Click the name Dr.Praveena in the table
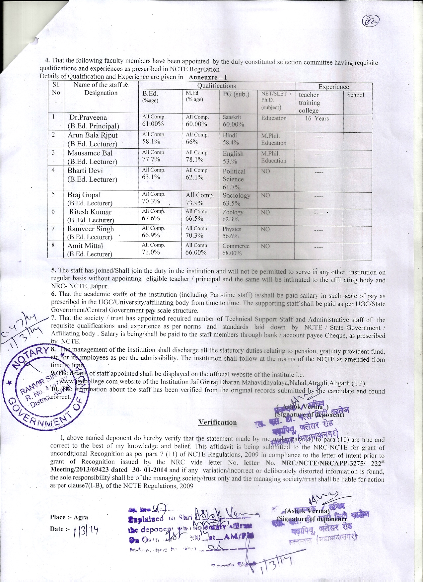click(88, 118)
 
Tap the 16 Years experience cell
click(317, 119)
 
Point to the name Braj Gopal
click(84, 195)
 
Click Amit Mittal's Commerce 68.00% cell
click(236, 250)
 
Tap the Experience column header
click(333, 87)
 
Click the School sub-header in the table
click(355, 95)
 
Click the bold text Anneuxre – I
click(208, 77)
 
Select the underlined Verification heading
click(217, 422)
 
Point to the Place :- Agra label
click(69, 517)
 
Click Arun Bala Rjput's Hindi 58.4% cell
click(230, 139)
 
